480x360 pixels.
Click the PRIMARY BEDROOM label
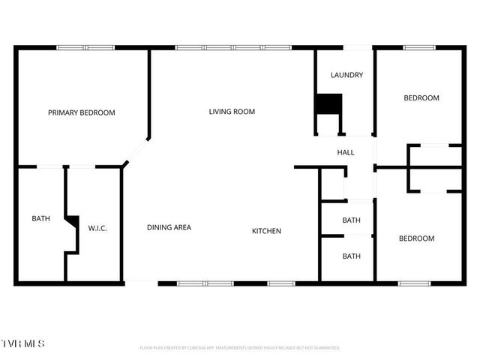pos(82,112)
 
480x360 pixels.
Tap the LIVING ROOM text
pos(232,112)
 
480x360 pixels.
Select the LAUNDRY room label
pos(346,75)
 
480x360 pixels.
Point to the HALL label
pos(346,152)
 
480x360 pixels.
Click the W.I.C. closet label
pos(98,227)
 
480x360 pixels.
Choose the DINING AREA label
pos(169,226)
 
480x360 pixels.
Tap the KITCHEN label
pos(266,231)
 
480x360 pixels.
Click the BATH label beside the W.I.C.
pos(40,219)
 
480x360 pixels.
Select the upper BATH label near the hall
pos(352,220)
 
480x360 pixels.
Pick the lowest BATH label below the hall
pos(352,256)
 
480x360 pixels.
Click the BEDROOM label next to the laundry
pos(421,97)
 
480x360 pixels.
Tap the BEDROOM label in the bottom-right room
pos(416,238)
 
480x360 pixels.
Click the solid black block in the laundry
pos(328,103)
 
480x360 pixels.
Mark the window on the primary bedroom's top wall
pos(85,48)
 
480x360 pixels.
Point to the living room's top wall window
pos(232,48)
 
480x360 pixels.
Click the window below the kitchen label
pos(281,283)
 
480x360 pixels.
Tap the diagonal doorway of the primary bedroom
pos(136,153)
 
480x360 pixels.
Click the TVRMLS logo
pos(22,343)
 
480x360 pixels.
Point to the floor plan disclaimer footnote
pos(240,348)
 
